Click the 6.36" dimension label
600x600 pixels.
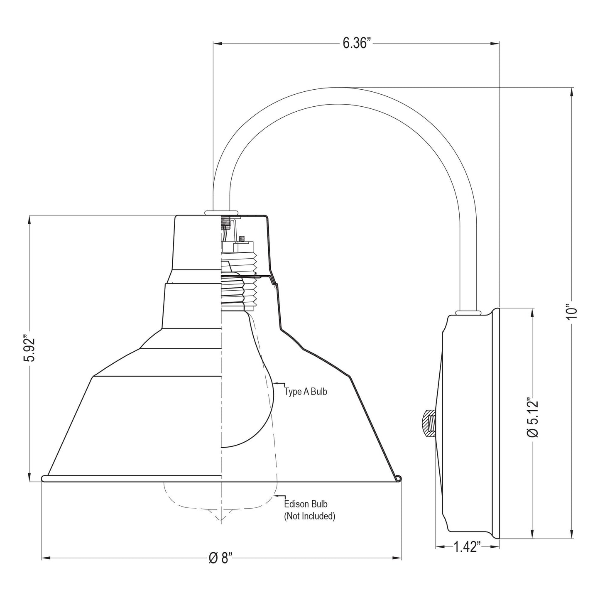pos(357,44)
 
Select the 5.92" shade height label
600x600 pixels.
pos(29,348)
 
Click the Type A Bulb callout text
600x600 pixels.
pos(306,391)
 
